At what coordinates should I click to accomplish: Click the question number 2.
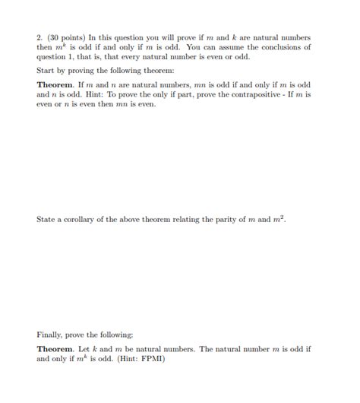[39, 37]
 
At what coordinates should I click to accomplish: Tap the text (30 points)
[65, 37]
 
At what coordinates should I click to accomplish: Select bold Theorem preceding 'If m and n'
[55, 84]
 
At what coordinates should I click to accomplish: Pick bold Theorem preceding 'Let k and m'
[55, 349]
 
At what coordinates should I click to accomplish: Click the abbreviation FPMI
[153, 359]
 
